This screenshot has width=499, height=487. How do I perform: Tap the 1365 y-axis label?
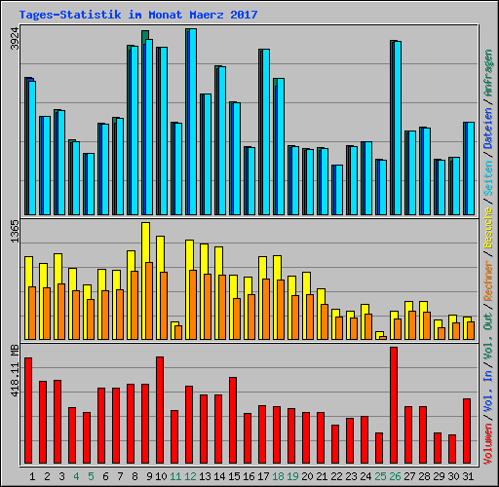pyautogui.click(x=15, y=234)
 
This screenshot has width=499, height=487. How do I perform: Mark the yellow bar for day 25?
pyautogui.click(x=379, y=333)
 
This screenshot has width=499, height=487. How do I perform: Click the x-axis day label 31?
pyautogui.click(x=468, y=475)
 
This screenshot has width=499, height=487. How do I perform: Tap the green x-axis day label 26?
pyautogui.click(x=395, y=475)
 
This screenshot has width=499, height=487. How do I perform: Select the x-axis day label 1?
pyautogui.click(x=32, y=475)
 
